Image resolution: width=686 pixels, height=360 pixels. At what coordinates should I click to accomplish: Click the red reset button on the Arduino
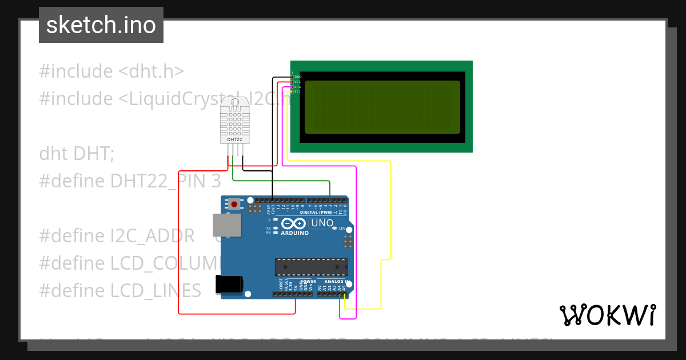tap(234, 204)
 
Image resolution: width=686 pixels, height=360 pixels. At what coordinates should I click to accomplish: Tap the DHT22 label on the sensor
tap(234, 139)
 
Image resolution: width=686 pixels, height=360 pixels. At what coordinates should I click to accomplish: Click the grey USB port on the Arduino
tap(226, 225)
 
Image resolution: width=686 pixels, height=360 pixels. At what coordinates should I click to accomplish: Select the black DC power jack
tap(229, 285)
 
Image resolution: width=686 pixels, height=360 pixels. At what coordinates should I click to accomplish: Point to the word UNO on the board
tap(321, 223)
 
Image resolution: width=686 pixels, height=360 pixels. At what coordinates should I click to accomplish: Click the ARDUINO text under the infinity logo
tap(295, 233)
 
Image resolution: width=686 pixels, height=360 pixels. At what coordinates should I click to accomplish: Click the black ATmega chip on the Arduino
tap(311, 267)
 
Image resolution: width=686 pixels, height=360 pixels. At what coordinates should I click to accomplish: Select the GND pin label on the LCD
tap(298, 77)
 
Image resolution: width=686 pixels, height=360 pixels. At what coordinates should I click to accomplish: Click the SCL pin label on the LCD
tap(298, 91)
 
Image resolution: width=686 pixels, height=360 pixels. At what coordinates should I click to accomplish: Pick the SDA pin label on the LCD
tap(298, 87)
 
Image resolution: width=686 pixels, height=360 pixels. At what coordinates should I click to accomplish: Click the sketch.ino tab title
tap(101, 25)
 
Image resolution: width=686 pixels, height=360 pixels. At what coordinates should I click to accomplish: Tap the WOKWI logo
tap(607, 315)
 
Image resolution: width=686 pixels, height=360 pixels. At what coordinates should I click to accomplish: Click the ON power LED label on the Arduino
tap(342, 229)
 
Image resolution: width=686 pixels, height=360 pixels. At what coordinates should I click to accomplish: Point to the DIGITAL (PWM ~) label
tap(318, 213)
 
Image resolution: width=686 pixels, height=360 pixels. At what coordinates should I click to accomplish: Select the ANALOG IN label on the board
tap(337, 281)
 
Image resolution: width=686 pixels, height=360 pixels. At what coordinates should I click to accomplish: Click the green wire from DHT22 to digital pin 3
tap(280, 181)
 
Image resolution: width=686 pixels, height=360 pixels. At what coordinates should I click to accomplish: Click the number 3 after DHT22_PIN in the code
tap(215, 181)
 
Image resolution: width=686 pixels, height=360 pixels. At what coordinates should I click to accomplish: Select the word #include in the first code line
tap(76, 71)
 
